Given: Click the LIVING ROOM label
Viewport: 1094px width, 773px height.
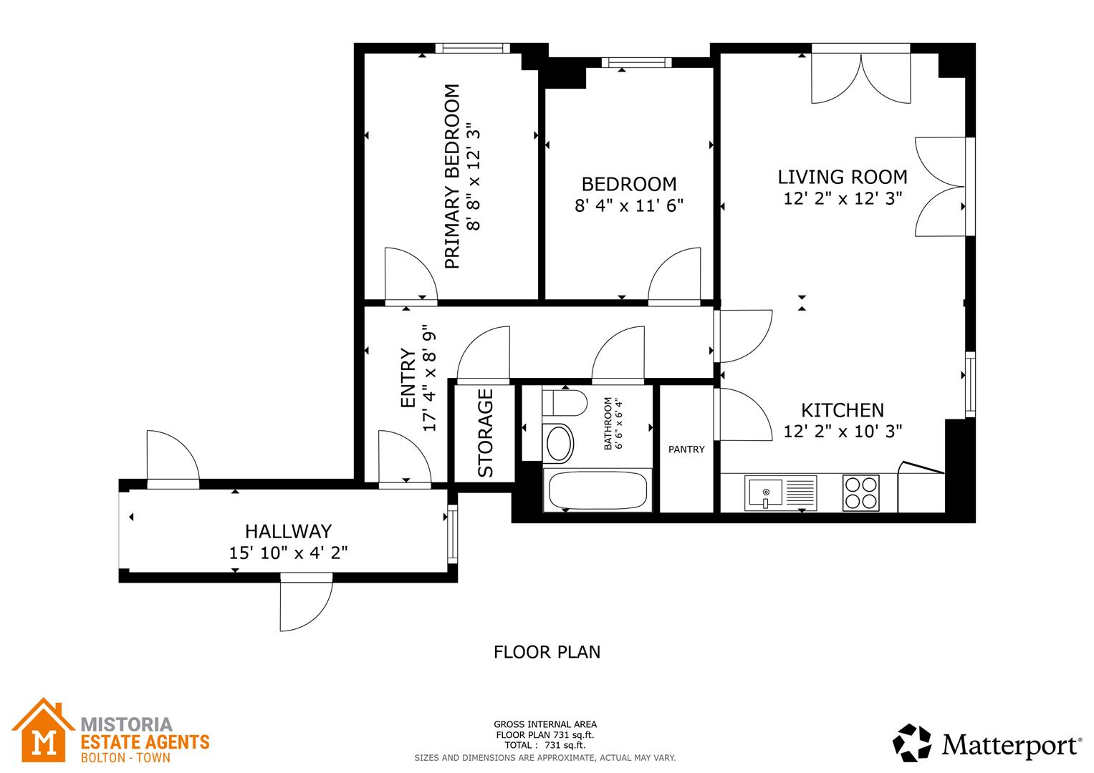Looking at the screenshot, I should [x=843, y=177].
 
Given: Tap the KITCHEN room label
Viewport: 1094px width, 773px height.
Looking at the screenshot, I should [x=842, y=410].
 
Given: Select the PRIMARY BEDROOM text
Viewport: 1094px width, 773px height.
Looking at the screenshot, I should [x=451, y=177].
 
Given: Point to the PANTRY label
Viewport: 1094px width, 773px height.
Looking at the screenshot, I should [x=686, y=449].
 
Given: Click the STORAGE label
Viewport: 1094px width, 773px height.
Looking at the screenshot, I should [x=485, y=433].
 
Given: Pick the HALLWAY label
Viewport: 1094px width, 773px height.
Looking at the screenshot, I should [x=288, y=531].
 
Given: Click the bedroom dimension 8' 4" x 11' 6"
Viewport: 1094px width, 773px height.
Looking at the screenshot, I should [x=629, y=206].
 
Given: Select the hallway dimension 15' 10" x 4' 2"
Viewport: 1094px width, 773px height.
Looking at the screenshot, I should [x=288, y=553].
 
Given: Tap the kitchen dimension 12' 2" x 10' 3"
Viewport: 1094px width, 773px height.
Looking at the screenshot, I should [x=842, y=431].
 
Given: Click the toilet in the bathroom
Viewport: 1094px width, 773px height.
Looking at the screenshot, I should [x=565, y=403].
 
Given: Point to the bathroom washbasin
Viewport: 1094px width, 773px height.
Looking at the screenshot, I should [x=560, y=443].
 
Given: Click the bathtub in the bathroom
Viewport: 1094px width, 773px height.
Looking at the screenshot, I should [x=598, y=491].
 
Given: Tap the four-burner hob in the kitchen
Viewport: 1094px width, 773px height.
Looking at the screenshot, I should [x=860, y=492].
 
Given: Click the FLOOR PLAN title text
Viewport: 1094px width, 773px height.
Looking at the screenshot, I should [x=547, y=652].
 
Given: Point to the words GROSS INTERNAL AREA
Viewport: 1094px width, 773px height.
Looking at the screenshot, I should [x=545, y=724].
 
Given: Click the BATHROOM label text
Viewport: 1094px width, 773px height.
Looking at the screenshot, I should [x=608, y=424].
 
